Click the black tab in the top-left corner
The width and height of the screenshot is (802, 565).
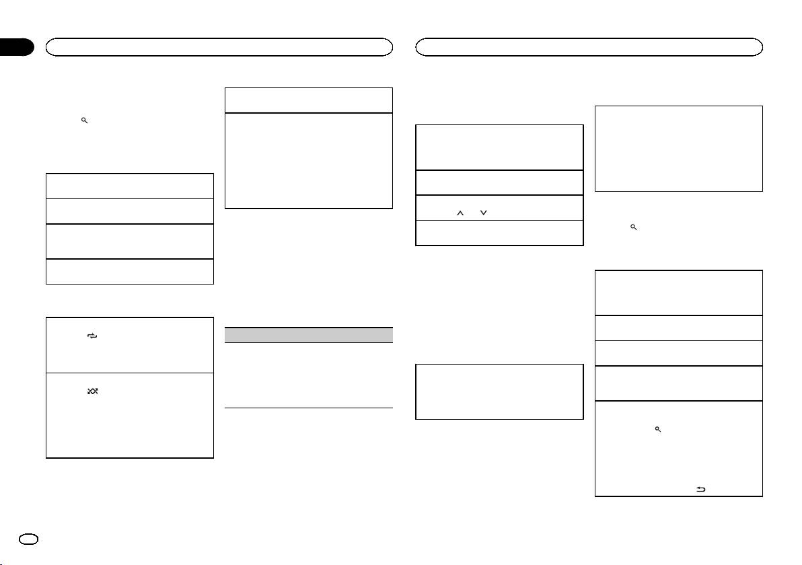tap(17, 47)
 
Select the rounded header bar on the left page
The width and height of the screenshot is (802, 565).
tap(219, 46)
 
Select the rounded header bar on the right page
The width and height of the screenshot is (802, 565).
tap(589, 46)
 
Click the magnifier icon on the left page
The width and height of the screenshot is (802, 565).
tap(84, 120)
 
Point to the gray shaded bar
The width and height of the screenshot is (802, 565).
tap(308, 335)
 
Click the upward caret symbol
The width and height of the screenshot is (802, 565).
tap(461, 213)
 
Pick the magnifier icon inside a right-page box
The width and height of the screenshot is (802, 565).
tap(657, 428)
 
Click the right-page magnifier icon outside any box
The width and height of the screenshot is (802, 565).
tap(633, 228)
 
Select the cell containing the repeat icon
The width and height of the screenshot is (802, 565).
tap(130, 345)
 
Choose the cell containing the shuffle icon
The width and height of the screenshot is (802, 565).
tap(130, 415)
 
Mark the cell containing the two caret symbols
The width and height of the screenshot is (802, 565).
tap(499, 207)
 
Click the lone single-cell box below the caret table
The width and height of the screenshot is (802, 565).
tap(499, 391)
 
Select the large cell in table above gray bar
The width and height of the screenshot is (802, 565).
tap(308, 160)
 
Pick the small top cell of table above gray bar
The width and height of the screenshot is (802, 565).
tap(308, 100)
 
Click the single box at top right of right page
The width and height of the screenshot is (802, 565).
tap(679, 148)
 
